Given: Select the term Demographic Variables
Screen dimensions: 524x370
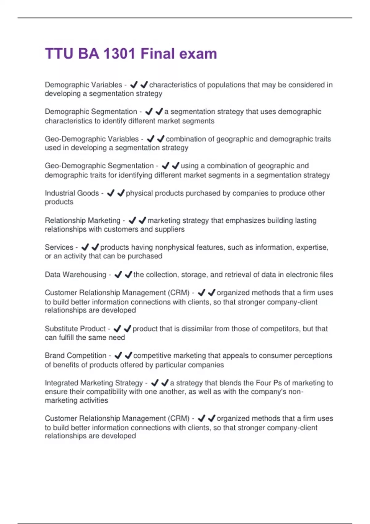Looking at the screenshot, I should pos(83,85).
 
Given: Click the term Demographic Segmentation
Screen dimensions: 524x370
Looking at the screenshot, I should pos(91,112).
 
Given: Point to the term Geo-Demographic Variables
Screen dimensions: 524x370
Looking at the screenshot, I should pos(92,139).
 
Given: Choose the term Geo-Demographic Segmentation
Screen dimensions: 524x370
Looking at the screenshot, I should pos(99,166).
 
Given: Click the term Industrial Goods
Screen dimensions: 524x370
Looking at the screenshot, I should pos(72,193).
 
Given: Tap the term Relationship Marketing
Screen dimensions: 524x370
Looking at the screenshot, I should pos(82,221).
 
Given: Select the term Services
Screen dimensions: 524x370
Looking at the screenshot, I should pos(59,247).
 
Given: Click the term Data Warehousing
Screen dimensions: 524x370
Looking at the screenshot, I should pos(75,275).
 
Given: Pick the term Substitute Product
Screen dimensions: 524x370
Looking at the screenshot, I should pos(75,329).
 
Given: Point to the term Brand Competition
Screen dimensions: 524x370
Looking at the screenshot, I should pos(75,356).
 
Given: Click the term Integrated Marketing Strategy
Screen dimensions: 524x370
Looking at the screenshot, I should pos(94,383).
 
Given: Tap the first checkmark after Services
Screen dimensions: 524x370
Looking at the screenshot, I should pos(85,247).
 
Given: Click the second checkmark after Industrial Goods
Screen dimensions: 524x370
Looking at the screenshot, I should pos(121,193).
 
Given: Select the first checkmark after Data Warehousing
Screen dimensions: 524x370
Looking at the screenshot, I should pos(118,275).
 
